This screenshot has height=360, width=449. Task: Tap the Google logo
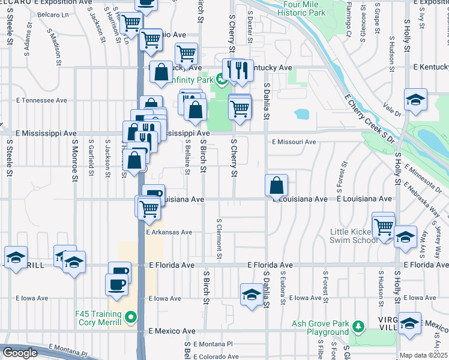coord(20,353)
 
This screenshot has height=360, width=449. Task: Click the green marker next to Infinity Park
coord(220,78)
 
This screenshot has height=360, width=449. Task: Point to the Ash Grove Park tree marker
coord(358,326)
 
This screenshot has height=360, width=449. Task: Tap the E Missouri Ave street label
coord(294,142)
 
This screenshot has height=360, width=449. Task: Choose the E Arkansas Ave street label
coord(169,232)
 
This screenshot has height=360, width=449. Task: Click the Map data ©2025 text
coord(424,355)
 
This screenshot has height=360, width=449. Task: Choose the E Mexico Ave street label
coord(172,331)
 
